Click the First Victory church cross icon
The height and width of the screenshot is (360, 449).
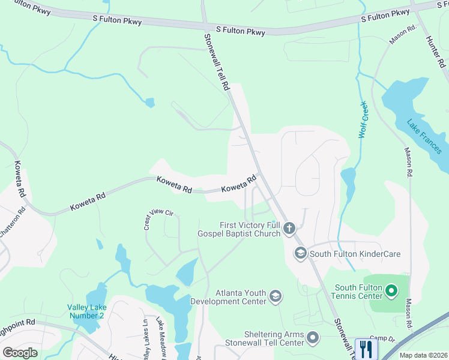289,228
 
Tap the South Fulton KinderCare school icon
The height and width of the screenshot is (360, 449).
300,254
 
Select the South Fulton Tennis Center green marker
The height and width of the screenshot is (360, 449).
391,292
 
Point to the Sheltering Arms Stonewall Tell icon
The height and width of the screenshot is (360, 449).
312,338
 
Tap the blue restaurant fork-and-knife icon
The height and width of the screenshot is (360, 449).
366,349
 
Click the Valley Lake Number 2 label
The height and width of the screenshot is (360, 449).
85,311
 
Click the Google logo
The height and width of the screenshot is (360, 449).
20,353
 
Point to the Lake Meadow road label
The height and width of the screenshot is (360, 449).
160,338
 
